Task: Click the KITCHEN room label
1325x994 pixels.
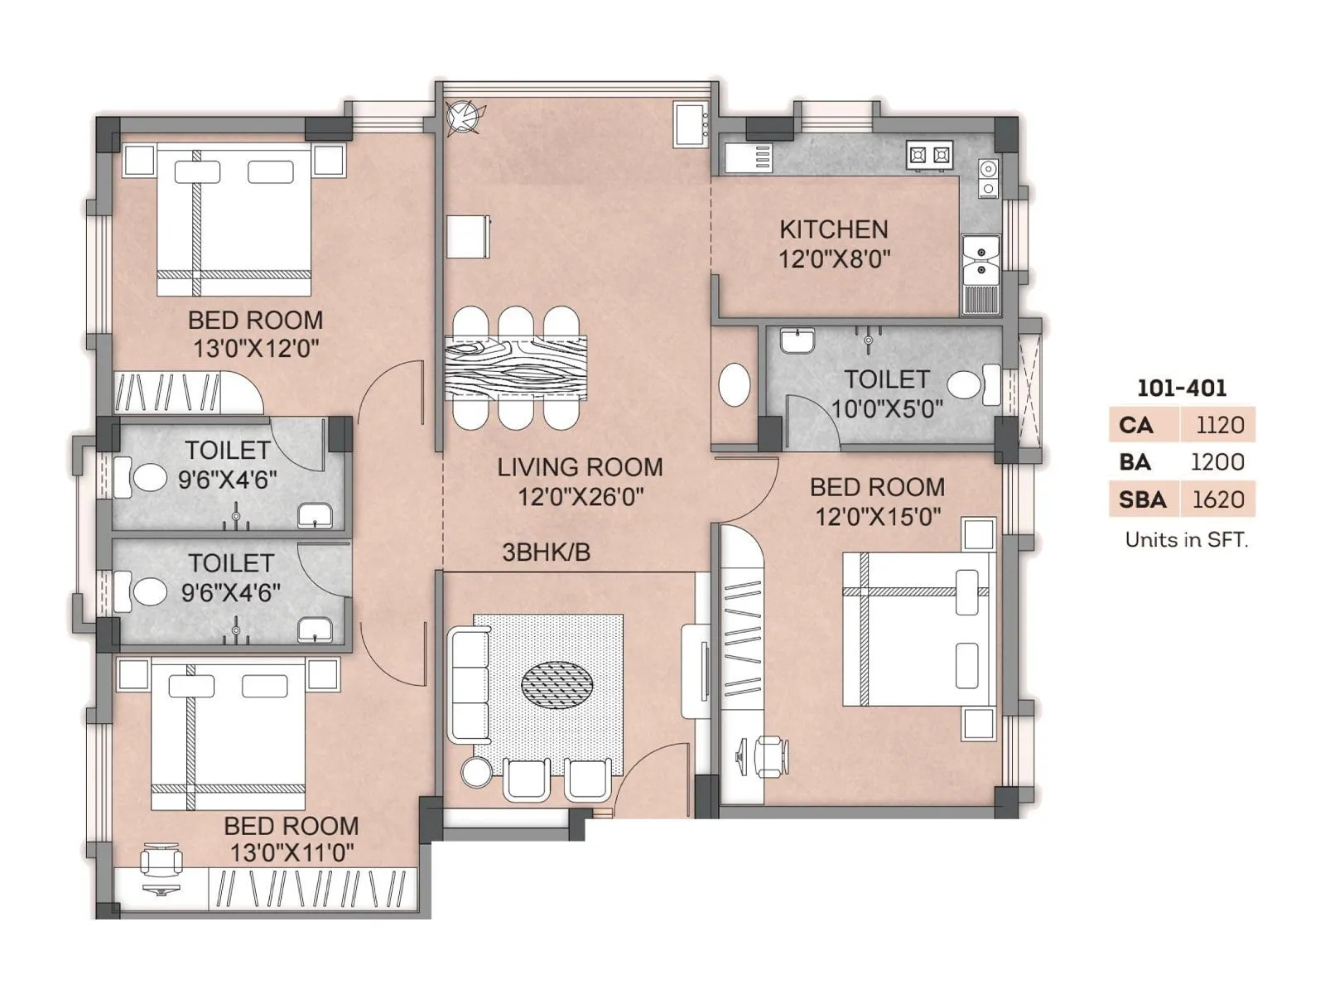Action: tap(833, 229)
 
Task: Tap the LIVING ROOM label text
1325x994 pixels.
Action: tap(580, 467)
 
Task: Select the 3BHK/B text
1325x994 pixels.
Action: tap(546, 552)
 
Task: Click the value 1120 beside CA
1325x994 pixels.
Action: tap(1220, 425)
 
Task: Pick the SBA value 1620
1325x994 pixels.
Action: tap(1218, 499)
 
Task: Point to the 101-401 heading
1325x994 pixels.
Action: tap(1182, 388)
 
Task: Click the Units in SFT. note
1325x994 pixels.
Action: tap(1186, 540)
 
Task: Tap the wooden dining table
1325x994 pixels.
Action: tap(515, 367)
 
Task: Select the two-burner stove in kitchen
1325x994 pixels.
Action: tap(929, 155)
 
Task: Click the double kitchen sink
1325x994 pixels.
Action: tap(980, 258)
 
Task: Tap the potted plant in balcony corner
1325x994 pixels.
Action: tap(461, 117)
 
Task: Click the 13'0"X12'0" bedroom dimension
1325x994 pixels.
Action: tap(256, 348)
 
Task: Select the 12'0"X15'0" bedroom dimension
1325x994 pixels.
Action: tap(878, 517)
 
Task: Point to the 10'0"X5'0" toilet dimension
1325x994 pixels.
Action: tap(887, 408)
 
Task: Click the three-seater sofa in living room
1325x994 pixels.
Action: tap(469, 685)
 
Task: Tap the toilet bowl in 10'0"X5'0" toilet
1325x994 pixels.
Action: tap(965, 384)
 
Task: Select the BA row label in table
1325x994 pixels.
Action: tap(1135, 462)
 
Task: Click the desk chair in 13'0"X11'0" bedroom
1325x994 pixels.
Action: tap(161, 861)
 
